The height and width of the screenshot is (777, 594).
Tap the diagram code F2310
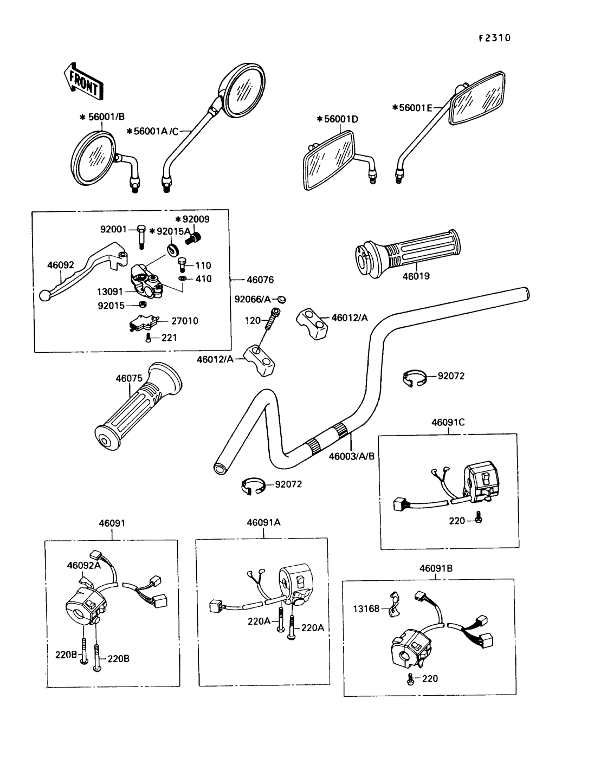click(x=494, y=38)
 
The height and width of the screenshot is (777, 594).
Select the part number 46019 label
click(x=416, y=276)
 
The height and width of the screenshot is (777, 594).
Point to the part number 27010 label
click(x=185, y=321)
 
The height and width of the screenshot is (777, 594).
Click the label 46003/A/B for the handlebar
click(x=352, y=456)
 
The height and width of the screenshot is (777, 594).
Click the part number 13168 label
click(x=367, y=608)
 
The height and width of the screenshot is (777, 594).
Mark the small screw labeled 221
click(x=148, y=339)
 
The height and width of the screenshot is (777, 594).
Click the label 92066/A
click(x=252, y=299)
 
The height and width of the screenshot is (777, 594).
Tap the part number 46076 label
click(x=260, y=280)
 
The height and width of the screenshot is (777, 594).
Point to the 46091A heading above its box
click(x=264, y=523)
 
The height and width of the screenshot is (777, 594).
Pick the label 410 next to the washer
click(x=204, y=279)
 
